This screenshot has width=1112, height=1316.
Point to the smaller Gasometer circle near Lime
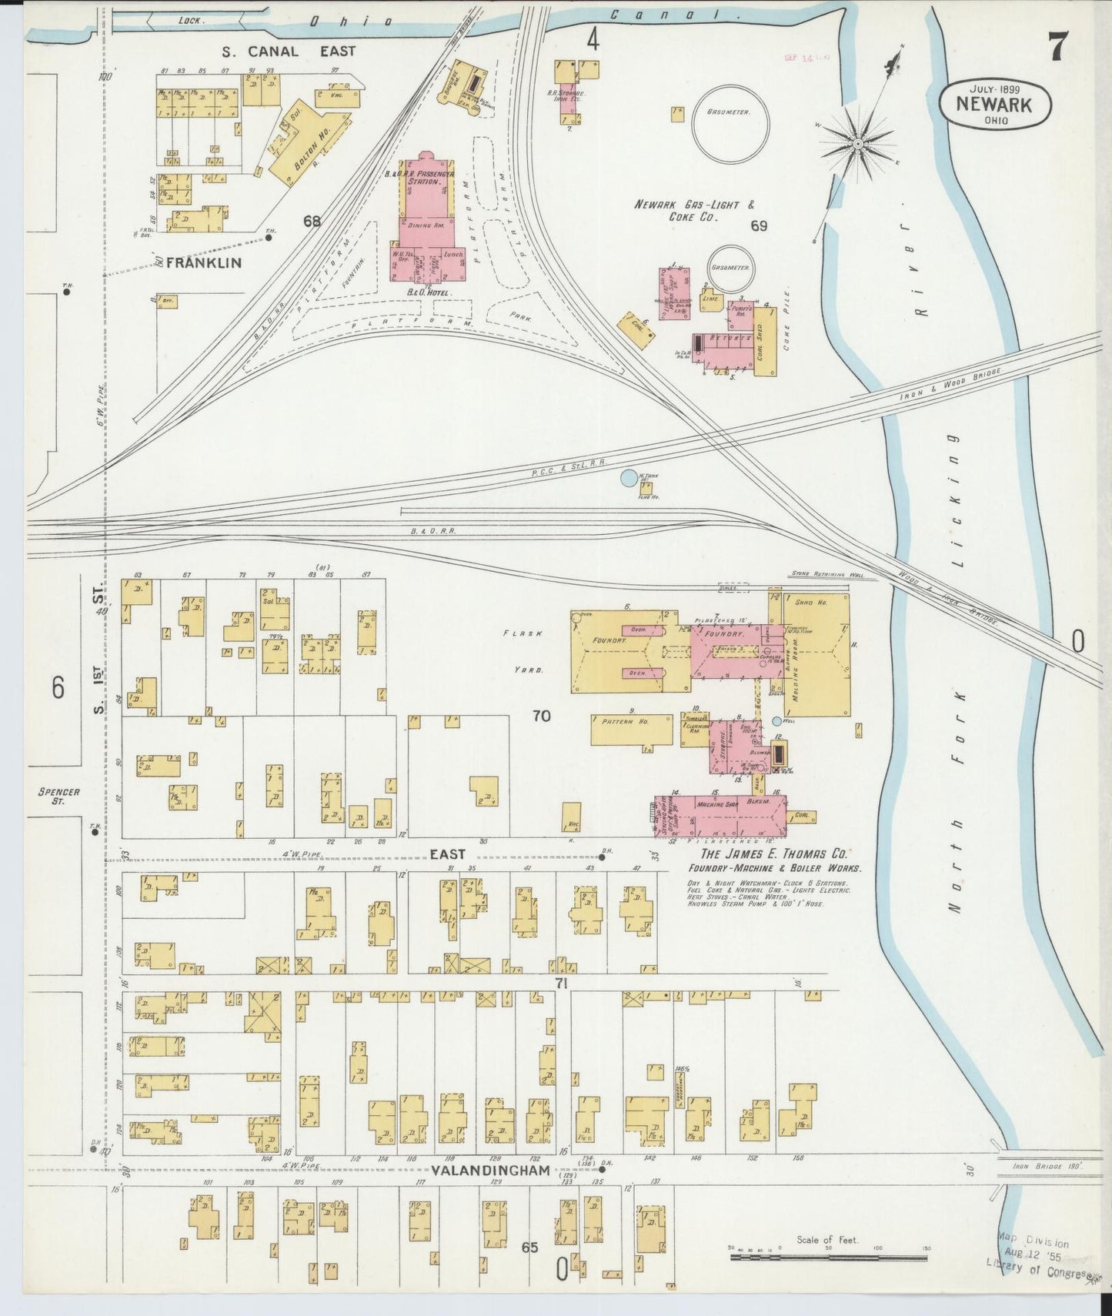(731, 268)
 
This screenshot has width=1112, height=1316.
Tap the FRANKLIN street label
(203, 262)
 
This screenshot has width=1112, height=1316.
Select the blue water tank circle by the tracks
(629, 478)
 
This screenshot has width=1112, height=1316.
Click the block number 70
(541, 716)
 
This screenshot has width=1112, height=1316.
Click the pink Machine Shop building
(720, 816)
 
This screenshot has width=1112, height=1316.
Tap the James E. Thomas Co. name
(773, 853)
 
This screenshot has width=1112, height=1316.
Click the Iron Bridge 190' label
(1047, 1166)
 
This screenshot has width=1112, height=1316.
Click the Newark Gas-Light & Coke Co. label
(695, 211)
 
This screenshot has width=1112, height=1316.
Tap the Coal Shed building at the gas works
(765, 342)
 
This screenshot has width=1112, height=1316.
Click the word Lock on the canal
(189, 21)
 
